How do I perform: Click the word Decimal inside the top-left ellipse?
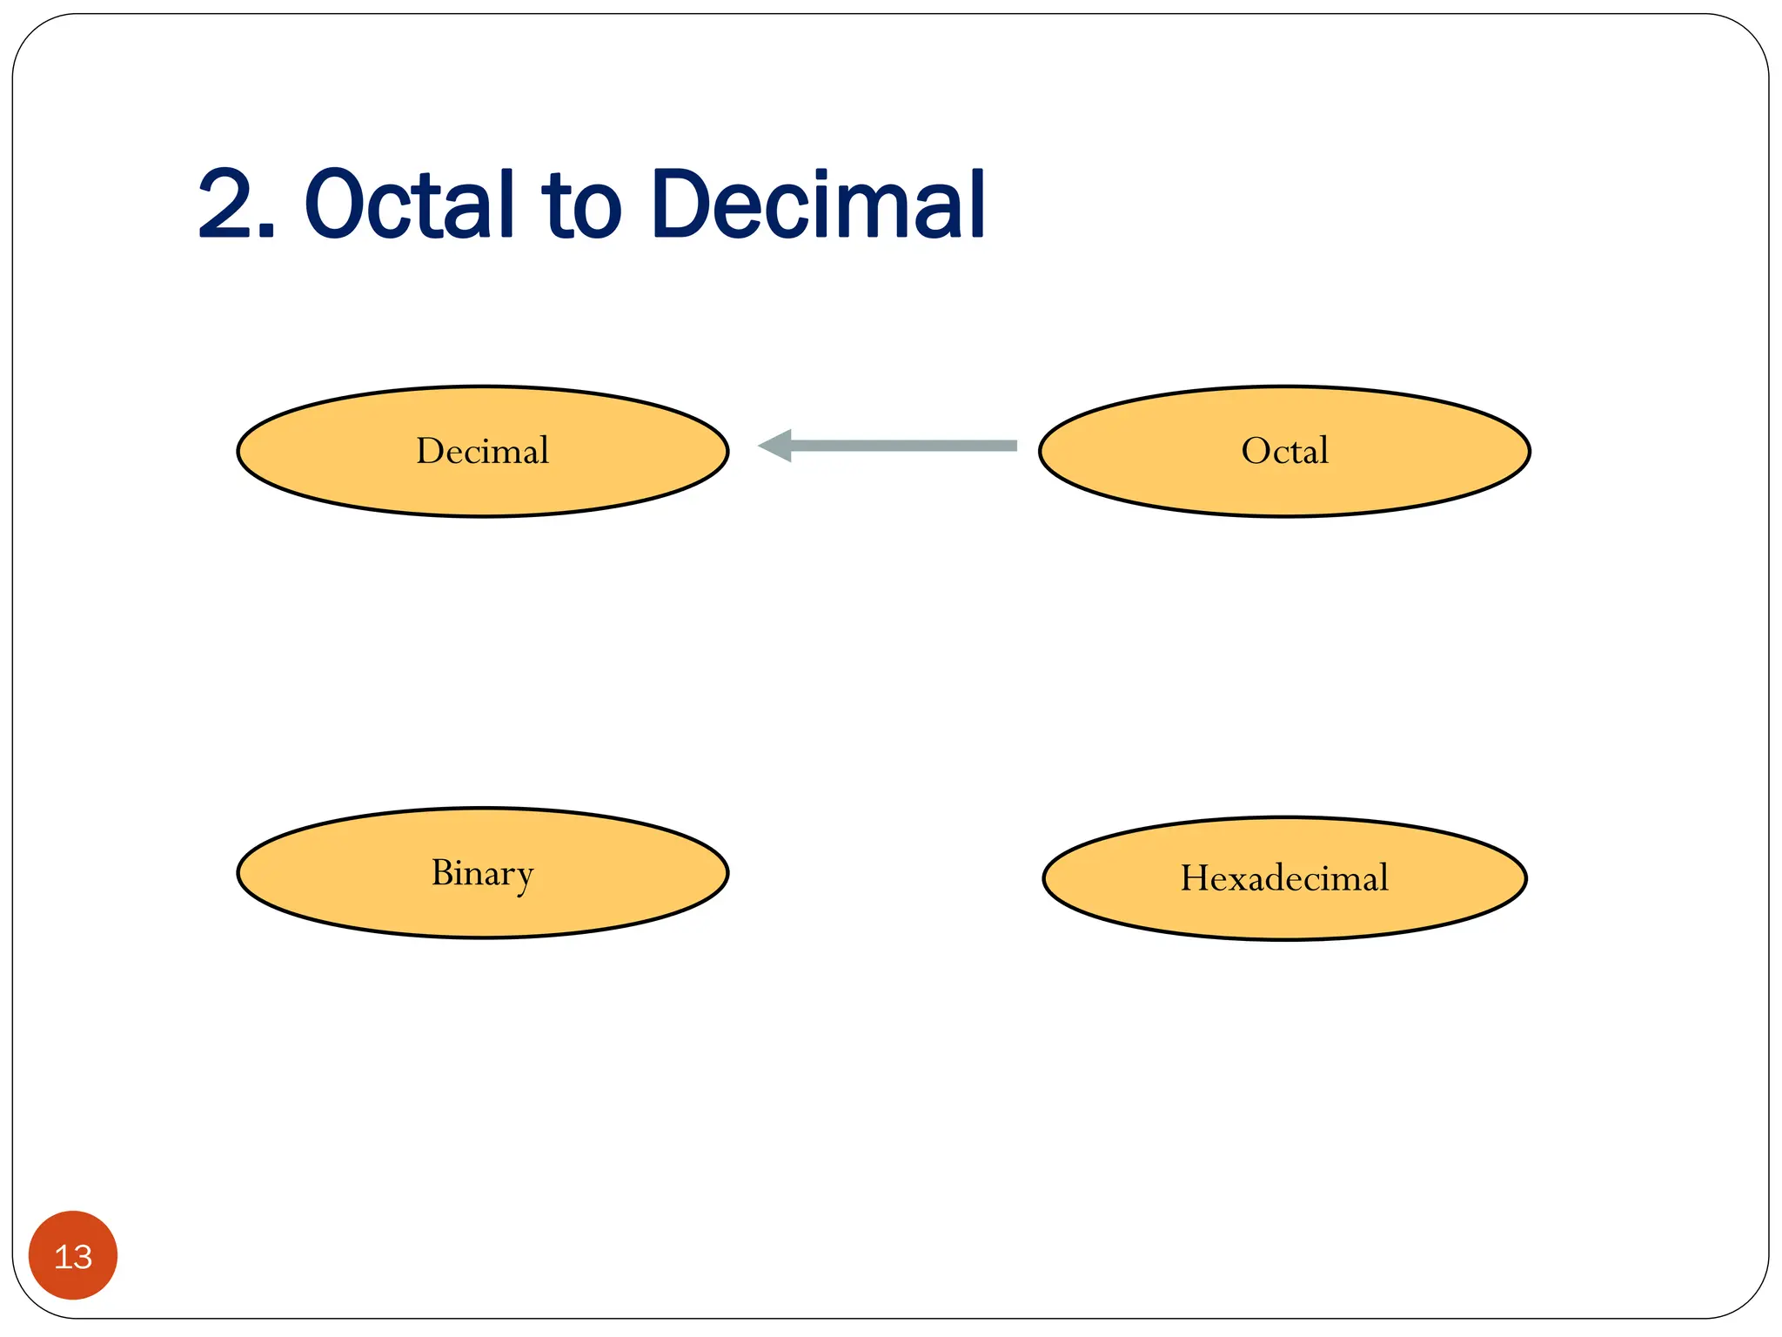click(x=482, y=451)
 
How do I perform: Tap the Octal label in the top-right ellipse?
click(x=1284, y=451)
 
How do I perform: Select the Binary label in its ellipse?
click(x=482, y=873)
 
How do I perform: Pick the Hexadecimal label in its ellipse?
click(x=1284, y=878)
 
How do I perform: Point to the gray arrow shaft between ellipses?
click(x=905, y=446)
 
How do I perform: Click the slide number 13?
click(x=73, y=1257)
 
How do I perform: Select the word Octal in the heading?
click(x=409, y=205)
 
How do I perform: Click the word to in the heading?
click(x=581, y=207)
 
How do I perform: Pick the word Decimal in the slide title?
click(x=818, y=205)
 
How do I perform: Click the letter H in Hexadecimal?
click(x=1196, y=877)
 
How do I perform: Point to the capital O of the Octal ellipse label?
click(x=1256, y=451)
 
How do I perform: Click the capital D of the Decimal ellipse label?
click(x=430, y=451)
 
